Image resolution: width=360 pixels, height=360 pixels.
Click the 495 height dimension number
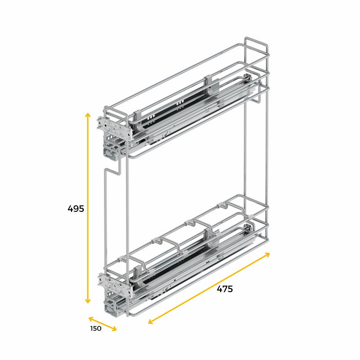(x=76, y=209)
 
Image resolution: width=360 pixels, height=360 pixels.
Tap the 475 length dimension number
(x=224, y=289)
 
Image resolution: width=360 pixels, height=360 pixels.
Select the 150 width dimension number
(x=96, y=329)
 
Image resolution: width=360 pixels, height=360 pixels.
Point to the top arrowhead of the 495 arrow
(x=88, y=115)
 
